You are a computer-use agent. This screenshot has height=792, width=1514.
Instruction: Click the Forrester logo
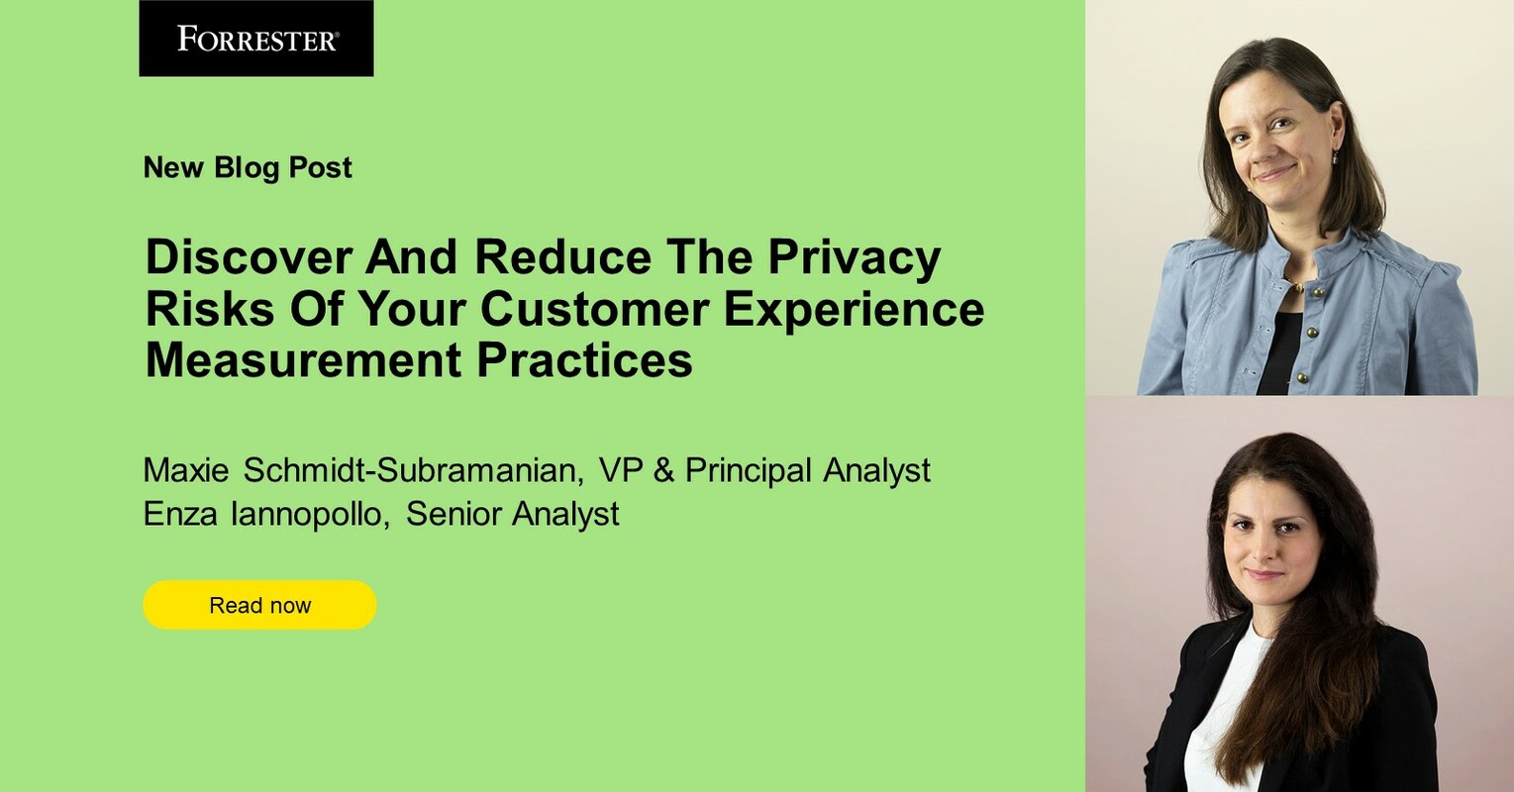click(256, 39)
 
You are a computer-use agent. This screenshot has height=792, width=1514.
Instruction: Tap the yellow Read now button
click(259, 605)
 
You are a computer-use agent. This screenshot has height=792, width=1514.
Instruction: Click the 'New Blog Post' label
click(248, 167)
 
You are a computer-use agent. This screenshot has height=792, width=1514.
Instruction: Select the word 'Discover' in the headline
click(249, 258)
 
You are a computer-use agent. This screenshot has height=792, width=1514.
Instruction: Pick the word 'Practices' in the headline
click(584, 359)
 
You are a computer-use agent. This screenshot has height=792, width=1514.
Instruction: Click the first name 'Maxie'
click(187, 470)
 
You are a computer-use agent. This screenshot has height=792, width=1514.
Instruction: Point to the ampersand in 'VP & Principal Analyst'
click(664, 470)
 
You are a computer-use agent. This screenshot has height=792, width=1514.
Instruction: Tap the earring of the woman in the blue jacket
click(1335, 155)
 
